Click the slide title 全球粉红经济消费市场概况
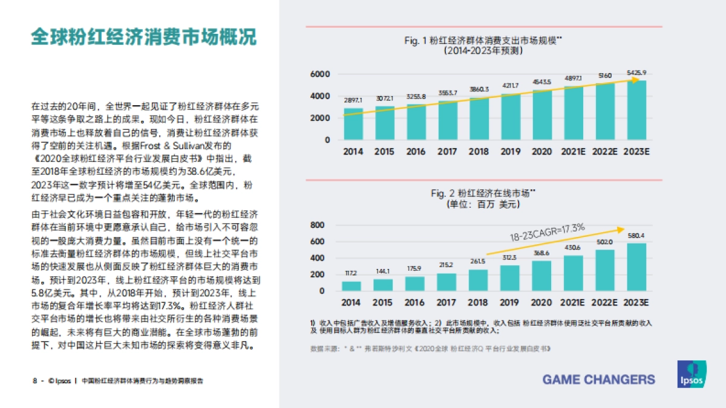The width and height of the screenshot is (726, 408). tap(144, 36)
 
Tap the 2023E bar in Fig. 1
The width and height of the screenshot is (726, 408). tap(636, 110)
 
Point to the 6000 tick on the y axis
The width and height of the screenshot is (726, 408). tap(320, 74)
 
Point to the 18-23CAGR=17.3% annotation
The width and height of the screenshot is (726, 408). tap(547, 233)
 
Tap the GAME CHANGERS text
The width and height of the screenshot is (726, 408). tap(598, 380)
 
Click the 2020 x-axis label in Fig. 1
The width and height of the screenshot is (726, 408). tap(542, 152)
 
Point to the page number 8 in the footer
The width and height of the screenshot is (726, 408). tap(34, 381)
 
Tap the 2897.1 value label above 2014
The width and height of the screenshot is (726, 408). tap(353, 100)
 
